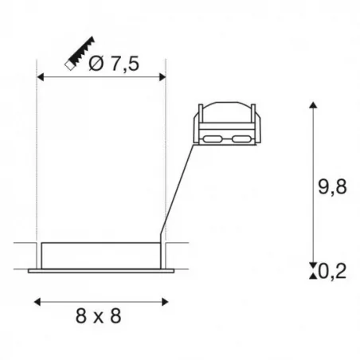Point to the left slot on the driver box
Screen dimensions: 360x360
[x=212, y=140]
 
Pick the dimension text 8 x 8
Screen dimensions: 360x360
[x=100, y=315]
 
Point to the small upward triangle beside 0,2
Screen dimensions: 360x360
[x=311, y=276]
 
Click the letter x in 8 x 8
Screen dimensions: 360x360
[x=100, y=316]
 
